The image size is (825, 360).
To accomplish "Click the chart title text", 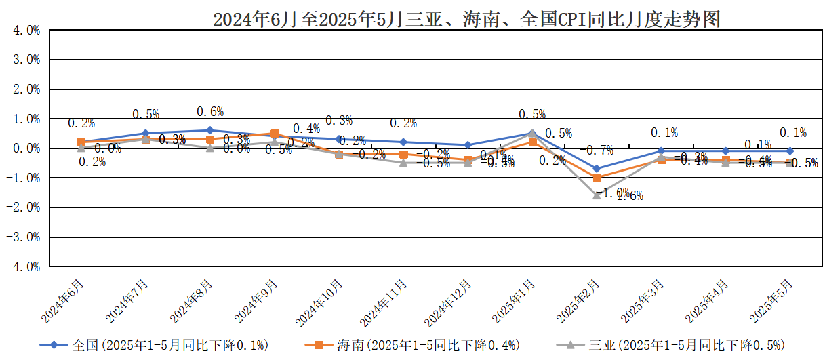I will point(466,20).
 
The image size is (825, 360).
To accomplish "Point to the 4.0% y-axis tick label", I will point(26,31).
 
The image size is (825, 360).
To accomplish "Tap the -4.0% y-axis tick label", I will point(25,267).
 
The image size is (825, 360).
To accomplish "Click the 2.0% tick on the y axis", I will point(26,89).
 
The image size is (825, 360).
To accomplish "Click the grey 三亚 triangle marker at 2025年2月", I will point(597,195).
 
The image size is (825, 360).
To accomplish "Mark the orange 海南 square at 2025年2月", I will point(597,178).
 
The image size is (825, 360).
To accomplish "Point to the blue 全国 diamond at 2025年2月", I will point(597,169).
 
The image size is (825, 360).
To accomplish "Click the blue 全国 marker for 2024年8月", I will point(210,130).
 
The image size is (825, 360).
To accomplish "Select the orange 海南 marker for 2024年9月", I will point(275,134).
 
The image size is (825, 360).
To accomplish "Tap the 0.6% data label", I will point(210,112).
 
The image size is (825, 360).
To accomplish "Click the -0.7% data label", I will point(597,151).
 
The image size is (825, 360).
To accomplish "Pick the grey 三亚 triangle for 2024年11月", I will point(403,163).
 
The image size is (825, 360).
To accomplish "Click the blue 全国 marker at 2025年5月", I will point(790,151).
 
